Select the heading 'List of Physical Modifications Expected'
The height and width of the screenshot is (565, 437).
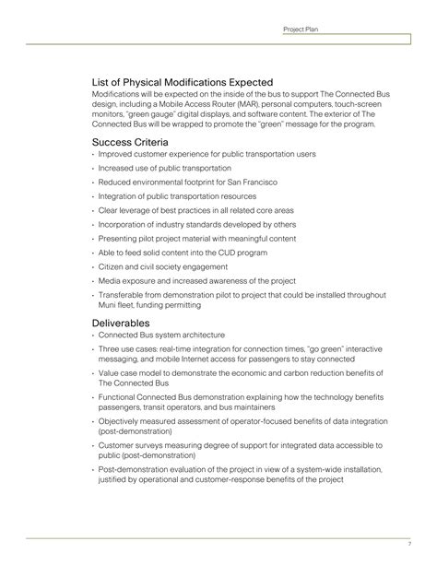tap(182, 82)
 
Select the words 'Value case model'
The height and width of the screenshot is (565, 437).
tap(126, 373)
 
